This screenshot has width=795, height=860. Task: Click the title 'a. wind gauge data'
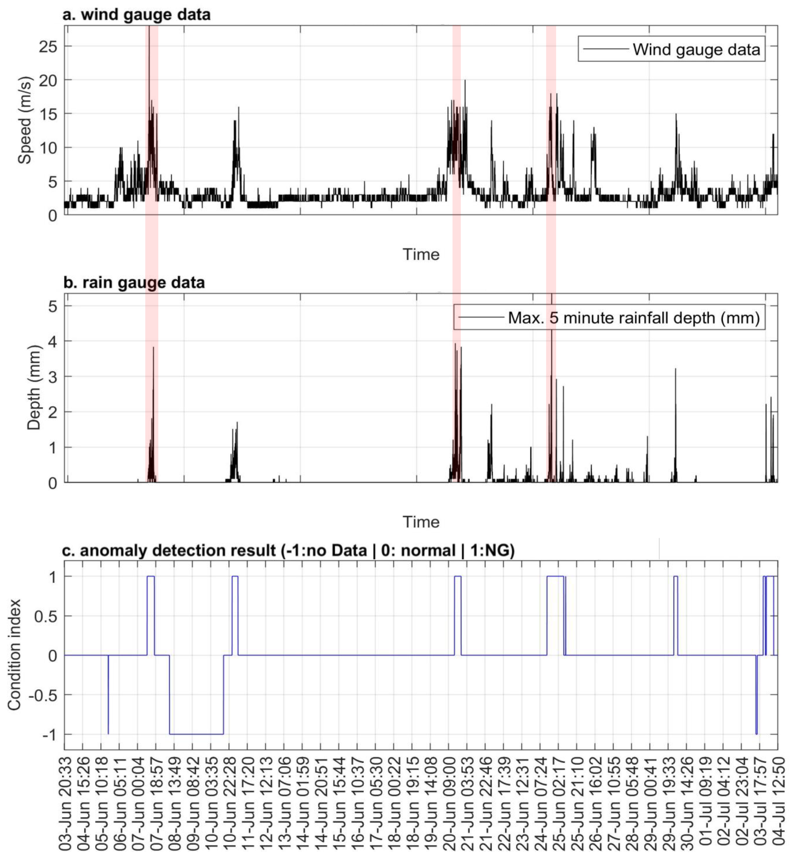pos(137,15)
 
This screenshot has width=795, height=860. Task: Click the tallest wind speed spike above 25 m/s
pos(149,34)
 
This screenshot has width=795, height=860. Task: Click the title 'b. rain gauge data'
pos(134,283)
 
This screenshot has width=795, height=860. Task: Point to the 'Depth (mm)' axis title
pos(34,387)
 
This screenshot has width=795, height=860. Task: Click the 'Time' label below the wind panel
pos(421,254)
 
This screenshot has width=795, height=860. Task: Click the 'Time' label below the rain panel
pos(421,522)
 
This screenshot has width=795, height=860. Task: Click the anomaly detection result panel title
pos(288,550)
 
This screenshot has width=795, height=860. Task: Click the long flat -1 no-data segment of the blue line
pos(196,734)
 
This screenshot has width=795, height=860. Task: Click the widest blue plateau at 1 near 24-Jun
pos(555,576)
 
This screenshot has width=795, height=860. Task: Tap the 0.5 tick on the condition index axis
pos(46,616)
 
